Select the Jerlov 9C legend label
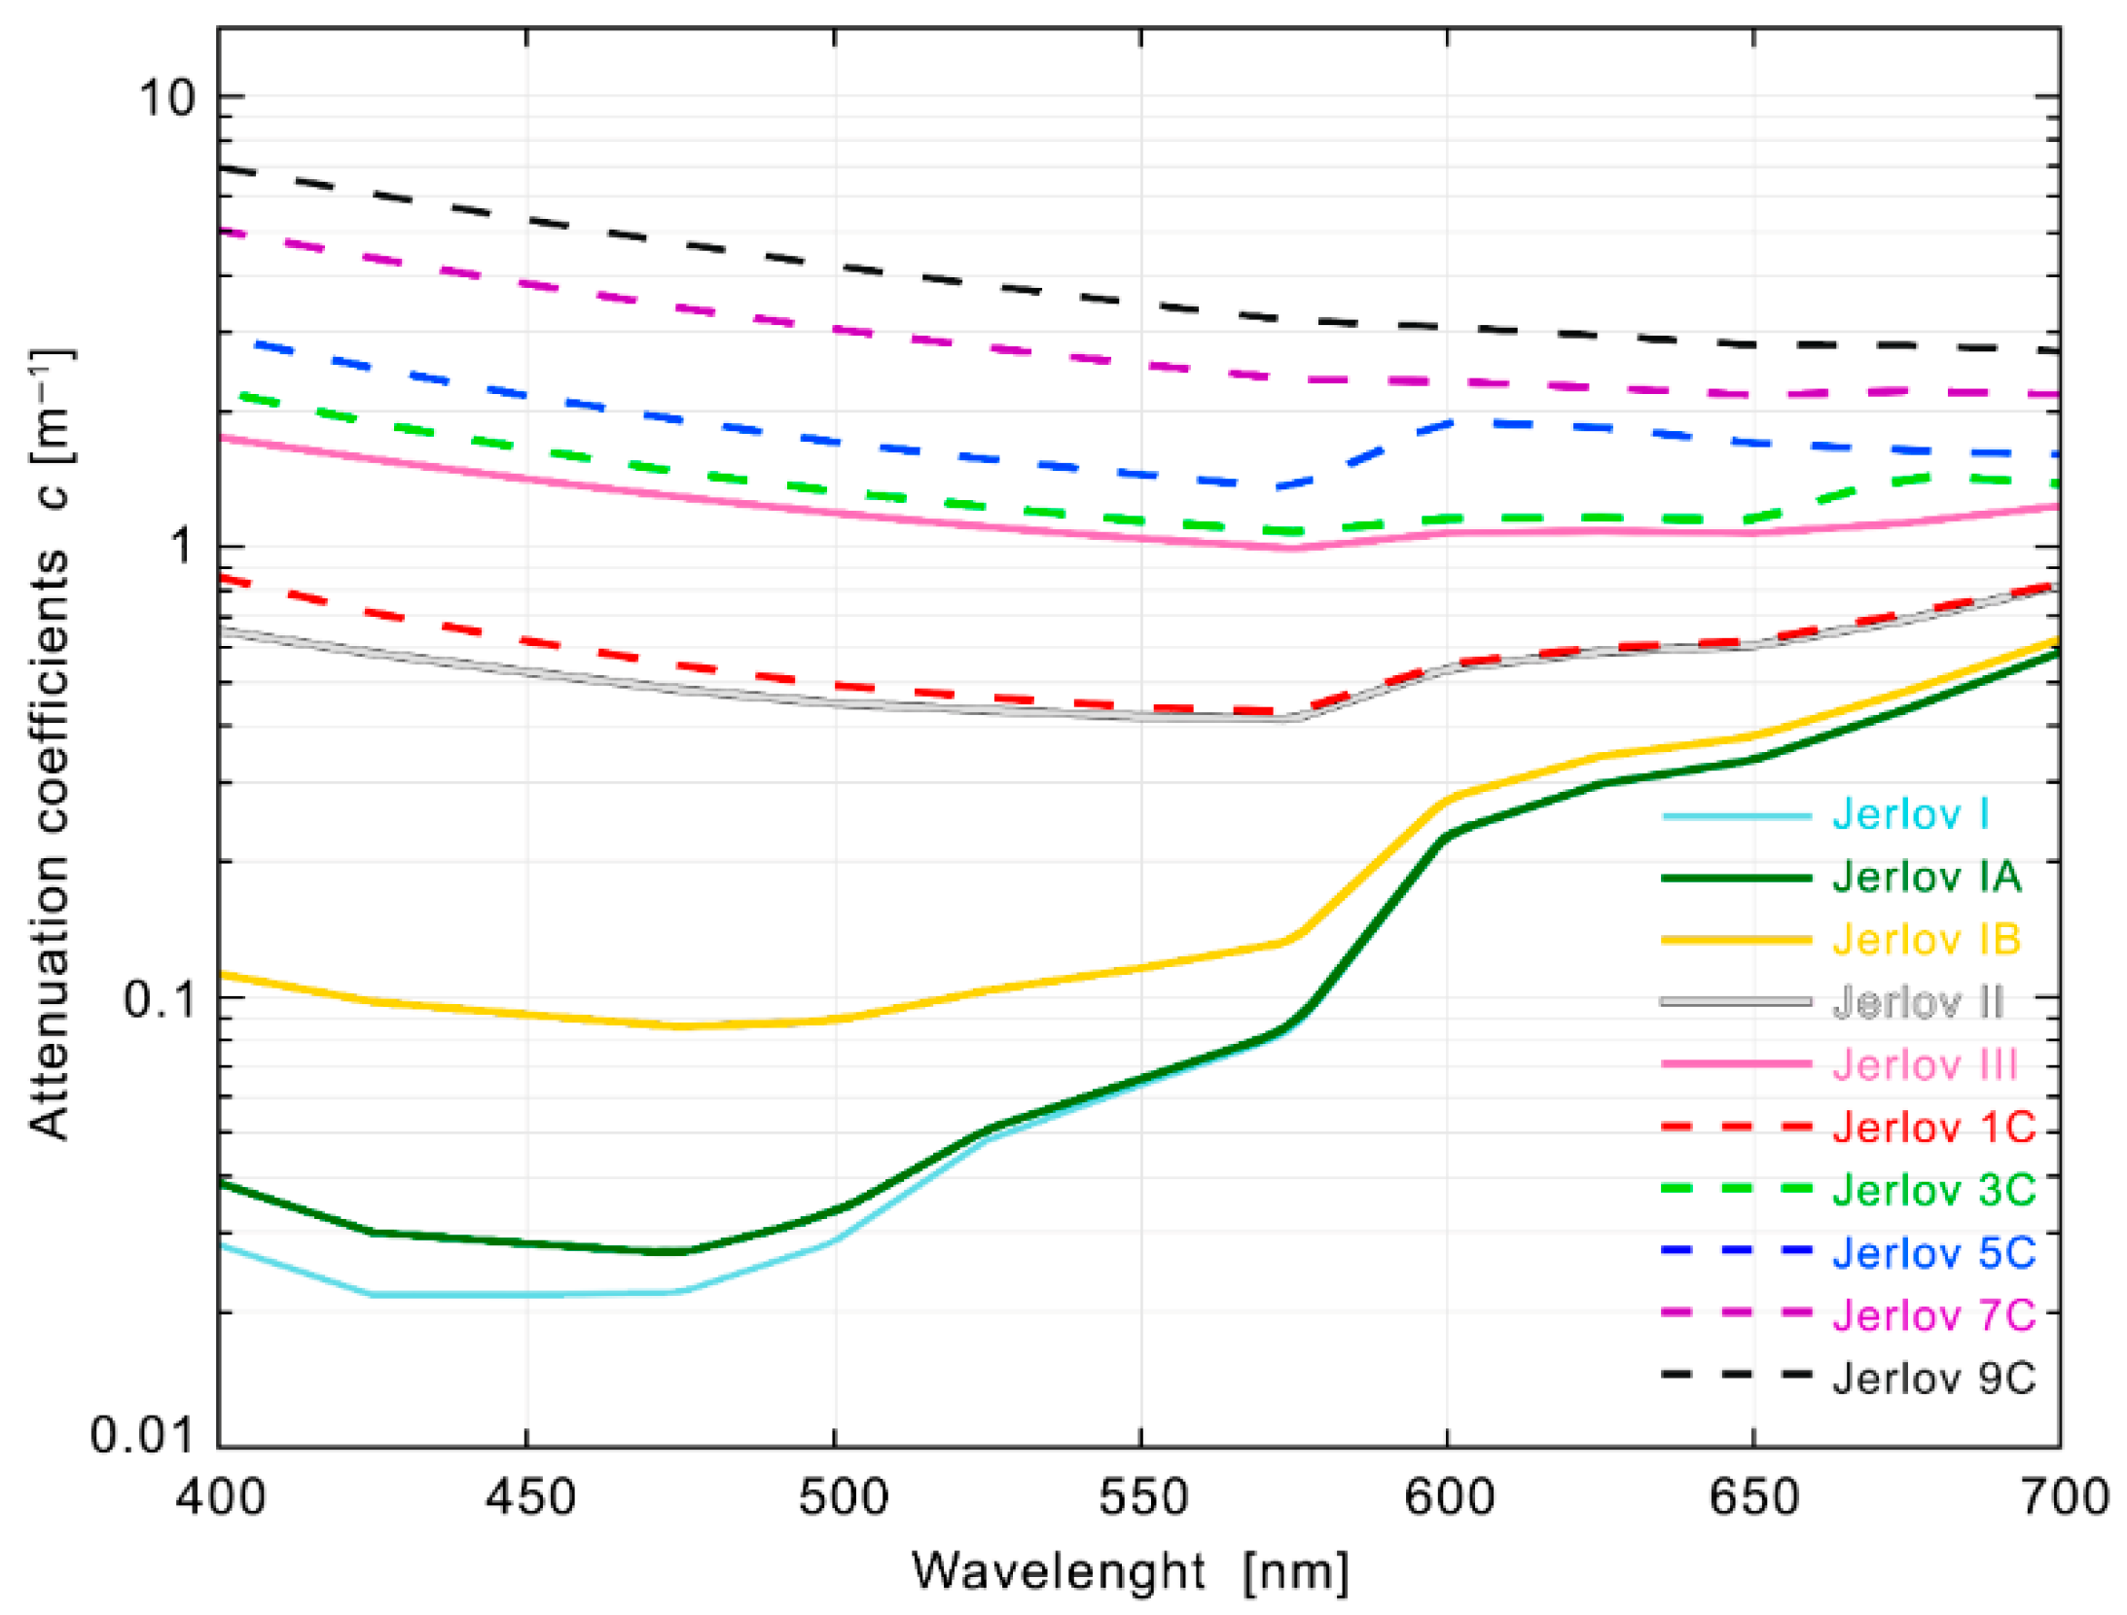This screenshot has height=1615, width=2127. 1932,1378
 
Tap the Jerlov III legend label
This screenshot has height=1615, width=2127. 1924,1064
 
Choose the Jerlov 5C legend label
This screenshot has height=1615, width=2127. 1932,1252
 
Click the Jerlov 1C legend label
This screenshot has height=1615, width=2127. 1932,1127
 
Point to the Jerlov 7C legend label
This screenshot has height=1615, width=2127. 1932,1314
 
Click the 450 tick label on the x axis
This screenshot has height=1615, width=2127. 530,1496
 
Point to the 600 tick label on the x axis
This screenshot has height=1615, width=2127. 1448,1496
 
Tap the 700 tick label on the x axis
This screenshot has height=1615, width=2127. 2063,1496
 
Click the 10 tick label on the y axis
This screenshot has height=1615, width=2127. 167,98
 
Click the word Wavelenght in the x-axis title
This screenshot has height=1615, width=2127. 1058,1570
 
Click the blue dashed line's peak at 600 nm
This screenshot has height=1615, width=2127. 1450,422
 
